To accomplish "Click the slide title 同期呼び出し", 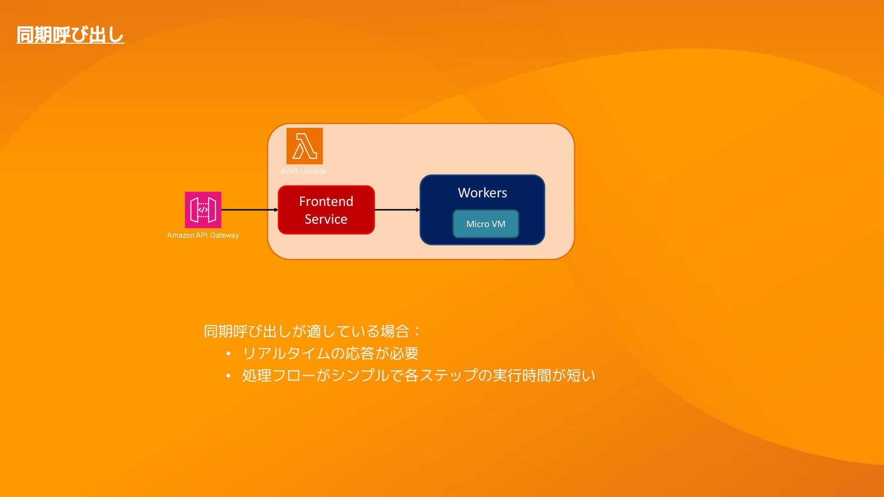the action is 70,35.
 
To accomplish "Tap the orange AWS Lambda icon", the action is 304,146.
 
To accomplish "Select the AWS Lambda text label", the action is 303,171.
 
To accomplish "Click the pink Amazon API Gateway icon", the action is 203,210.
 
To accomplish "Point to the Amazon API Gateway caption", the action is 203,235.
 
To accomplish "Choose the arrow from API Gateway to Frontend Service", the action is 249,210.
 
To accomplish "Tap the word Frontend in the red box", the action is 326,201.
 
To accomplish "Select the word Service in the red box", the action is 326,219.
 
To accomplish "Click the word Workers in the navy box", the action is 482,192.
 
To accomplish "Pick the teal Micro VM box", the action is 486,224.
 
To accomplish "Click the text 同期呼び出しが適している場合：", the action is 312,331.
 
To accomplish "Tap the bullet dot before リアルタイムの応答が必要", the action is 228,354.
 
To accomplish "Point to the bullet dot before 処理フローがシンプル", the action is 228,376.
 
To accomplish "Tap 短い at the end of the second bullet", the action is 581,376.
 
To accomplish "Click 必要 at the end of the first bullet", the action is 404,353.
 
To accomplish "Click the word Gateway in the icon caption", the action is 224,235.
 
